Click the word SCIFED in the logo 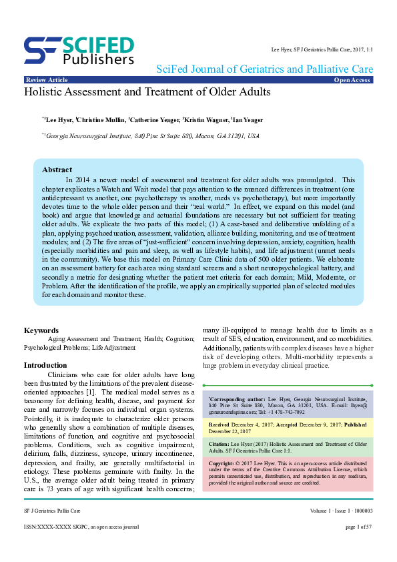tap(99, 44)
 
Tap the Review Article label tap(46, 80)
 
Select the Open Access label tap(352, 80)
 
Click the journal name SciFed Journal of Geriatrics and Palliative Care tap(264, 69)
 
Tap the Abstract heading tap(57, 170)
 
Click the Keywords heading tap(41, 330)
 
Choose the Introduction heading tap(45, 365)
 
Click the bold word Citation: tap(220, 443)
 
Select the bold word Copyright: tap(222, 463)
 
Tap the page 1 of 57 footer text tap(359, 545)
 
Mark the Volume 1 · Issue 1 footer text tap(332, 529)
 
